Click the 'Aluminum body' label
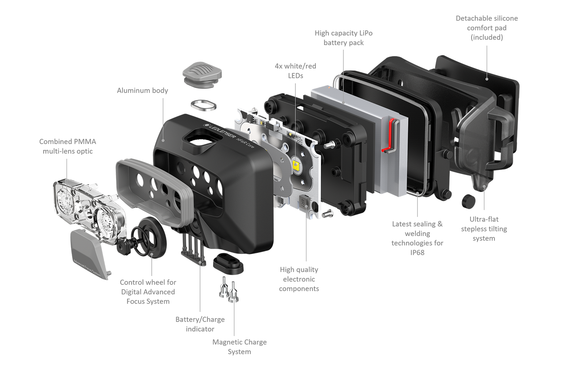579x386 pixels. [x=142, y=90]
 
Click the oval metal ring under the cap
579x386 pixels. [x=203, y=106]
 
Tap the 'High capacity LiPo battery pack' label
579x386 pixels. [x=343, y=38]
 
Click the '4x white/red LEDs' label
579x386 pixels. [x=295, y=71]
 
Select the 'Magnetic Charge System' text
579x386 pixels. [x=240, y=347]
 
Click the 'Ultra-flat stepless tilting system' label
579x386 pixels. [x=484, y=229]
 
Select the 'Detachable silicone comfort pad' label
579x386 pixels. [x=487, y=28]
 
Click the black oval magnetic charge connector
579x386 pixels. [x=228, y=261]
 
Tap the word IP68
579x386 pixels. [x=417, y=253]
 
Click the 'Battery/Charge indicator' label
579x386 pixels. [x=200, y=324]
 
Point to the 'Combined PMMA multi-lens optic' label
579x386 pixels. [x=67, y=146]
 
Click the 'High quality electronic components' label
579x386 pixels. [x=299, y=279]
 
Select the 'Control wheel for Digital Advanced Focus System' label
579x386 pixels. [x=148, y=292]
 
